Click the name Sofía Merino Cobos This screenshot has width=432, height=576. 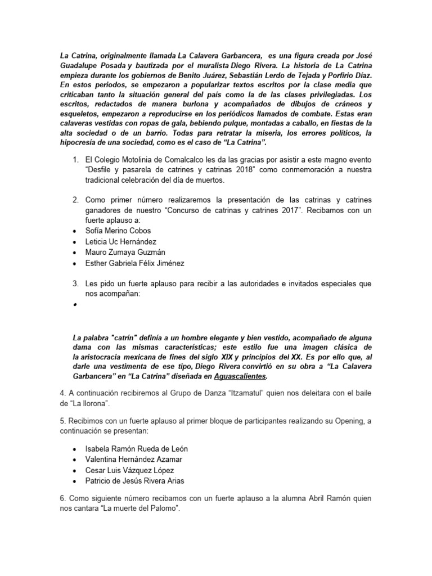[x=118, y=231]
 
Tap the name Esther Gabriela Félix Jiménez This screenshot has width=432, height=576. [x=135, y=263]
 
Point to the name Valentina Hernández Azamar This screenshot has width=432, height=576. [x=133, y=459]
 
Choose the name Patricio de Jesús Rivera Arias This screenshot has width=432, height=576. [x=135, y=480]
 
